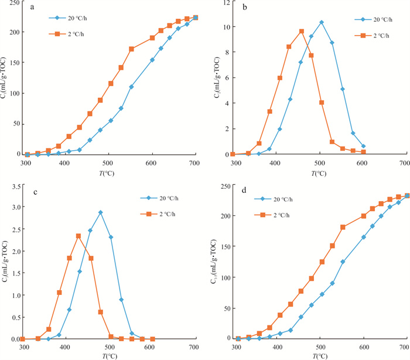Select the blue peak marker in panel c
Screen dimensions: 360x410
tap(101, 212)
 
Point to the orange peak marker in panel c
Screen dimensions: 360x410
tap(78, 236)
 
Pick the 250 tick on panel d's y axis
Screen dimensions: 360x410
tap(223, 186)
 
